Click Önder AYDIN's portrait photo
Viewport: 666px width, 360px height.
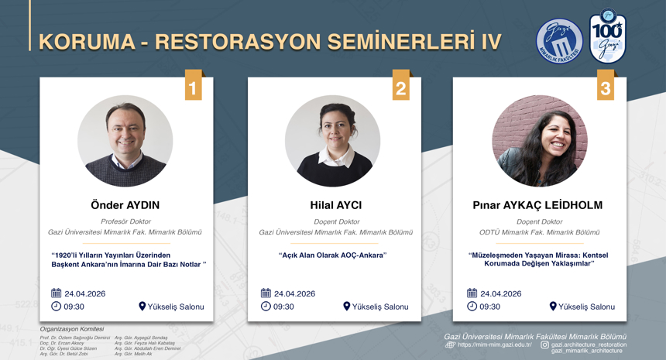(x=125, y=141)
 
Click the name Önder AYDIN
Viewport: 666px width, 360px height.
(x=125, y=205)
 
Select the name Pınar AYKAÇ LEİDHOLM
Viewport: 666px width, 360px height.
(x=537, y=205)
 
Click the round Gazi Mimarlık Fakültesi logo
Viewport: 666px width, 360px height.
(x=559, y=41)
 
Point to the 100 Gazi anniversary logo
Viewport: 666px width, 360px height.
(x=608, y=37)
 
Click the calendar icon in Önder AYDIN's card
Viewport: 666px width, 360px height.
(x=56, y=293)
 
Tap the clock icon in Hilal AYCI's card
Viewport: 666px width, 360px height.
(x=266, y=306)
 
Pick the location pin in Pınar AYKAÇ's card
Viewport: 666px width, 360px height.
(x=553, y=306)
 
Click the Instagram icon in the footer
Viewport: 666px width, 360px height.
(x=544, y=345)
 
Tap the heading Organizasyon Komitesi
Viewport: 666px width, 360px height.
(x=71, y=329)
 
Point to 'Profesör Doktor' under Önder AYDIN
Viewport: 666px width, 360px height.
(x=125, y=221)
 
